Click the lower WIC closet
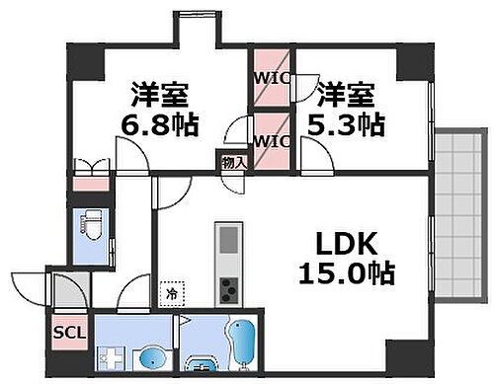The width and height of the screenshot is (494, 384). tap(270, 139)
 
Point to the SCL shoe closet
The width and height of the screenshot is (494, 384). tap(68, 335)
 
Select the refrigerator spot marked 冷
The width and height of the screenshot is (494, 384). tap(172, 292)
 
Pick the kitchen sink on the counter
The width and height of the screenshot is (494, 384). tap(228, 240)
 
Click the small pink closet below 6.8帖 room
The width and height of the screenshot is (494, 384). tap(87, 182)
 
